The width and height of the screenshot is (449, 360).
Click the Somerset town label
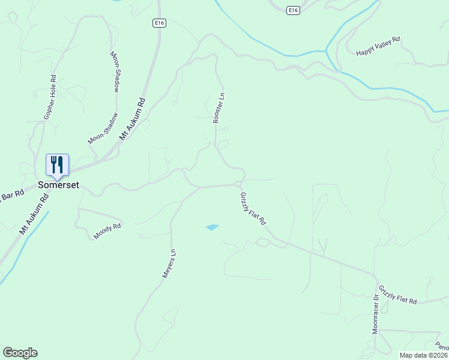pyautogui.click(x=58, y=185)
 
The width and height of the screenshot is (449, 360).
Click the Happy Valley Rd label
pyautogui.click(x=378, y=47)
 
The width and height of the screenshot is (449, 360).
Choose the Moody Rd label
pyautogui.click(x=107, y=231)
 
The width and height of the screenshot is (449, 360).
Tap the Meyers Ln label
pyautogui.click(x=169, y=263)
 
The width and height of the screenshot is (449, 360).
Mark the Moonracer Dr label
pyautogui.click(x=376, y=313)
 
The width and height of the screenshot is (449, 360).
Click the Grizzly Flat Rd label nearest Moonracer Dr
pyautogui.click(x=397, y=293)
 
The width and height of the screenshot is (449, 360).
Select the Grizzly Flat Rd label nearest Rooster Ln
pyautogui.click(x=253, y=208)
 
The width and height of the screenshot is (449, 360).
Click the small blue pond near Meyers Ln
pyautogui.click(x=212, y=227)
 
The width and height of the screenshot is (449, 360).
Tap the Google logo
pyautogui.click(x=20, y=353)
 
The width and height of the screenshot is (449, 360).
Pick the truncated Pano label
pyautogui.click(x=443, y=346)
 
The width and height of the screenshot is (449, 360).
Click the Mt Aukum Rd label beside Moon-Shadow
pyautogui.click(x=133, y=119)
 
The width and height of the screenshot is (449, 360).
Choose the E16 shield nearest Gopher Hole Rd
pyautogui.click(x=158, y=23)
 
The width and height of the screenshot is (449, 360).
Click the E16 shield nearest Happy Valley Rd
pyautogui.click(x=292, y=11)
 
